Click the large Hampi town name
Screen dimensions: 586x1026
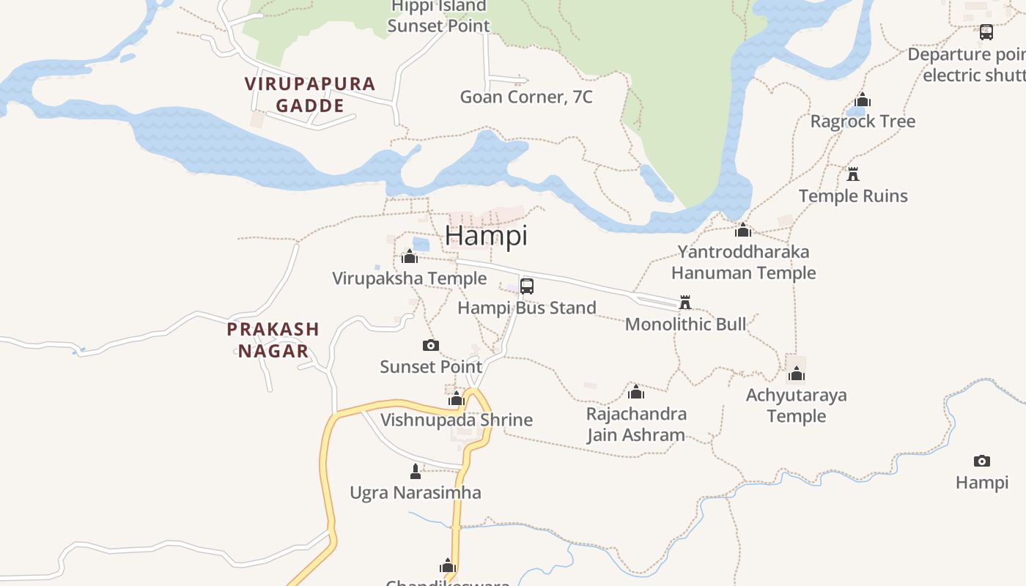(x=486, y=236)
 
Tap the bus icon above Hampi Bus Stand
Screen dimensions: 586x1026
(x=527, y=286)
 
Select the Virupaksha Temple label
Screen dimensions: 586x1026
(x=409, y=278)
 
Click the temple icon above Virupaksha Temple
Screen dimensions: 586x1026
(x=410, y=256)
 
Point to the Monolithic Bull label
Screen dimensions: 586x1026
(x=685, y=324)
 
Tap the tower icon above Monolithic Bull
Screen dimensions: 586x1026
(x=685, y=302)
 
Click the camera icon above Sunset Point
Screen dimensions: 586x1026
(x=431, y=345)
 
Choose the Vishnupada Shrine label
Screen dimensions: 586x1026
(x=456, y=420)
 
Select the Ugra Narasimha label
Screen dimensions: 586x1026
(x=416, y=492)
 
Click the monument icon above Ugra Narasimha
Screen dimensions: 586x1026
(x=416, y=471)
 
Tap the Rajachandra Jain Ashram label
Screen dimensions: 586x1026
(x=636, y=424)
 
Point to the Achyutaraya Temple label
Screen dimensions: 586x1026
(x=796, y=405)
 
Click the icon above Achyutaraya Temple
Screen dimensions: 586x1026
(x=797, y=374)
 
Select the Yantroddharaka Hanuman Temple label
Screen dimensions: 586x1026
(x=743, y=262)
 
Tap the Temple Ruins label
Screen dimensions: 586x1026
(x=853, y=196)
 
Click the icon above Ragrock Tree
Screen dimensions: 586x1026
(x=863, y=100)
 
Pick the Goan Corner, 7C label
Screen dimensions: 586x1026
(x=525, y=97)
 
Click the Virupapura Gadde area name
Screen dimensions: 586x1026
(x=310, y=94)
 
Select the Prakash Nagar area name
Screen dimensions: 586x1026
(x=273, y=340)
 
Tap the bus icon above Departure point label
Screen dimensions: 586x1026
(x=986, y=32)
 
